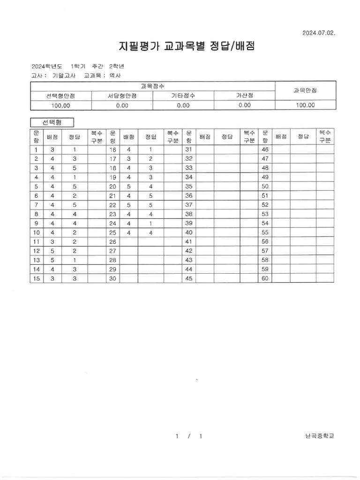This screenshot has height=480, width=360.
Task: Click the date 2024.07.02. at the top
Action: pos(319,33)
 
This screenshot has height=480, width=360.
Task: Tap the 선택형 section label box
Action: pos(52,122)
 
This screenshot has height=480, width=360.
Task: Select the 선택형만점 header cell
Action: pos(60,96)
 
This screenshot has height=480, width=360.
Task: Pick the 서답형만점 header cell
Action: pos(122,96)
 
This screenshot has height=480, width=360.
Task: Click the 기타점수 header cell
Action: pos(183,96)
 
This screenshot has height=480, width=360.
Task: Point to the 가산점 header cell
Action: pos(244,96)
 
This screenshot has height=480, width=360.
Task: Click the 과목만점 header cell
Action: pos(305,90)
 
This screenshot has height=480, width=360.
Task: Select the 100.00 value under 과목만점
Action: pos(305,105)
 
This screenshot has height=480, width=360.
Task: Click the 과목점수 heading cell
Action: pos(152,86)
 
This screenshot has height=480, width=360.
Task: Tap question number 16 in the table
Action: pos(112,150)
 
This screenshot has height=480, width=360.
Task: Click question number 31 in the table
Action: pos(189,150)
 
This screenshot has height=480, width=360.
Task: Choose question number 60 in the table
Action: pos(265,278)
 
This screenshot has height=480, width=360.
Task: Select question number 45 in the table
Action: pos(189,278)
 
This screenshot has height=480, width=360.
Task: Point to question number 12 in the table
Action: pos(36,251)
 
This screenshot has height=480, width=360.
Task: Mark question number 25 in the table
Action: pos(112,232)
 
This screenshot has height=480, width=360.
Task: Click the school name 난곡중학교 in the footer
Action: pos(319,436)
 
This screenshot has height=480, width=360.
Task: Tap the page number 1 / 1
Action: pos(189,436)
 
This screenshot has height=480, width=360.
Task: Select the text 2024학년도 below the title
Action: pos(47,66)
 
